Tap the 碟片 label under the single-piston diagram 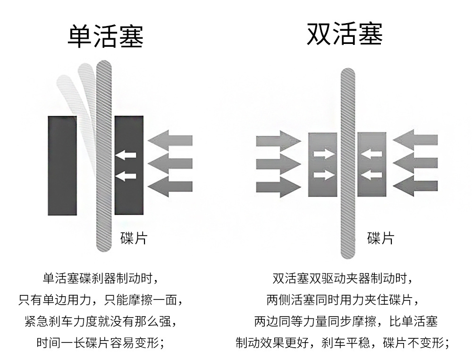click(x=134, y=238)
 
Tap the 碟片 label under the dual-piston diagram click(x=380, y=238)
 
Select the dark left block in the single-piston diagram click(x=62, y=165)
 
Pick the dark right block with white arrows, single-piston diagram click(x=129, y=165)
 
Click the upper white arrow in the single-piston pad click(x=126, y=154)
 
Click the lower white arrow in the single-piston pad click(x=126, y=176)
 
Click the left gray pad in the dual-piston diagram click(x=323, y=164)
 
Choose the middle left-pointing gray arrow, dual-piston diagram click(x=415, y=163)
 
